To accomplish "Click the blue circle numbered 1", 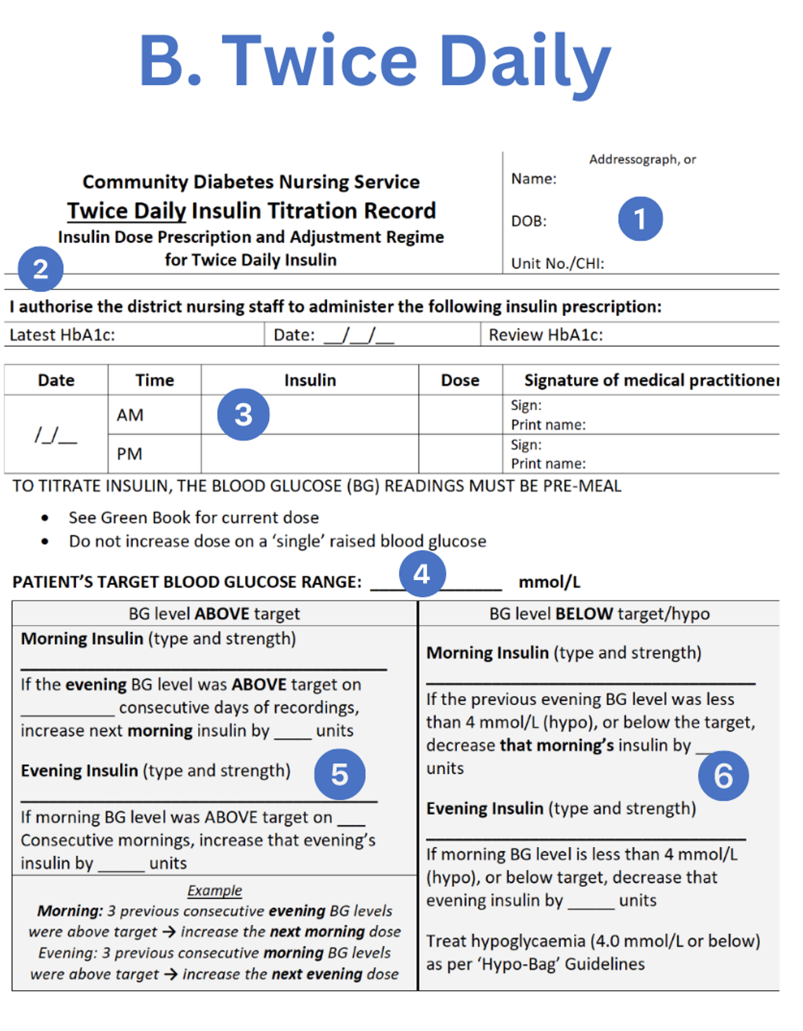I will pyautogui.click(x=640, y=219).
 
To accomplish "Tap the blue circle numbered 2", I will pyautogui.click(x=41, y=268).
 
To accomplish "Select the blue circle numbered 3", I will pyautogui.click(x=243, y=415).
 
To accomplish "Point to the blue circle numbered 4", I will pyautogui.click(x=422, y=574).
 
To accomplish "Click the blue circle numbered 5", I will pyautogui.click(x=340, y=774).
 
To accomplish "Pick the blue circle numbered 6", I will pyautogui.click(x=723, y=776).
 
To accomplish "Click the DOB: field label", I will pyautogui.click(x=529, y=221).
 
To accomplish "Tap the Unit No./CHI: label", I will pyautogui.click(x=557, y=263).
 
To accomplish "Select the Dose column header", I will pyautogui.click(x=459, y=380).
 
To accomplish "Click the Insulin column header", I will pyautogui.click(x=310, y=380).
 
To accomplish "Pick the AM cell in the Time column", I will pyautogui.click(x=130, y=415).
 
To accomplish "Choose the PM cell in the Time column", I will pyautogui.click(x=129, y=453).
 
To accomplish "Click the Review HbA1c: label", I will pyautogui.click(x=546, y=335).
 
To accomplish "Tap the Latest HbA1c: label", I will pyautogui.click(x=62, y=335).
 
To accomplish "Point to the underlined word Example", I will pyautogui.click(x=215, y=891).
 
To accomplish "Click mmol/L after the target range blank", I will pyautogui.click(x=549, y=582).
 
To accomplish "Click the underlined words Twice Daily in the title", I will pyautogui.click(x=127, y=211).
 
